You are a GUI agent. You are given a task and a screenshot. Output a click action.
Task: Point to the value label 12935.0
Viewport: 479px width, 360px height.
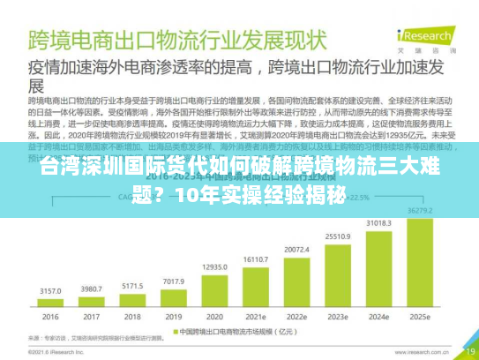coord(214,266)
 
